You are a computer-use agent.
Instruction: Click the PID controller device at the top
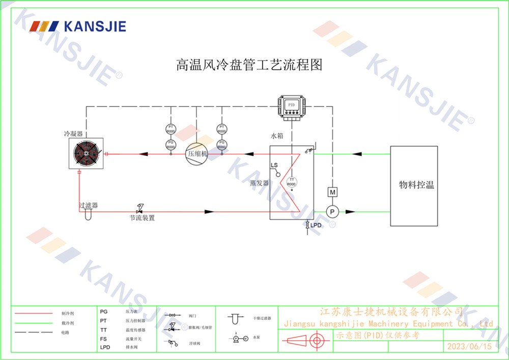pyautogui.click(x=292, y=106)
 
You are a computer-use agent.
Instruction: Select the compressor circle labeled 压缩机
pyautogui.click(x=197, y=153)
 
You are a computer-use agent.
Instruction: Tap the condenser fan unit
pyautogui.click(x=87, y=153)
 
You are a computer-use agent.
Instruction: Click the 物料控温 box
pyautogui.click(x=414, y=185)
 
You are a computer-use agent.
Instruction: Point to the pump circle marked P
pyautogui.click(x=332, y=211)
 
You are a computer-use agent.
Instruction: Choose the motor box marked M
pyautogui.click(x=332, y=192)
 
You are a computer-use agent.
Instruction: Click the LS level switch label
pyautogui.click(x=274, y=166)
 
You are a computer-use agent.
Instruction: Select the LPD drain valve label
pyautogui.click(x=316, y=225)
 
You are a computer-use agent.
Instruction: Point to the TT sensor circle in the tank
pyautogui.click(x=292, y=182)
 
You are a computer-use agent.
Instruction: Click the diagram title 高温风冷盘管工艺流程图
pyautogui.click(x=249, y=65)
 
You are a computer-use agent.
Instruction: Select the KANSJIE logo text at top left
pyautogui.click(x=94, y=26)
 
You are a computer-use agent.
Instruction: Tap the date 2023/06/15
pyautogui.click(x=468, y=346)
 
